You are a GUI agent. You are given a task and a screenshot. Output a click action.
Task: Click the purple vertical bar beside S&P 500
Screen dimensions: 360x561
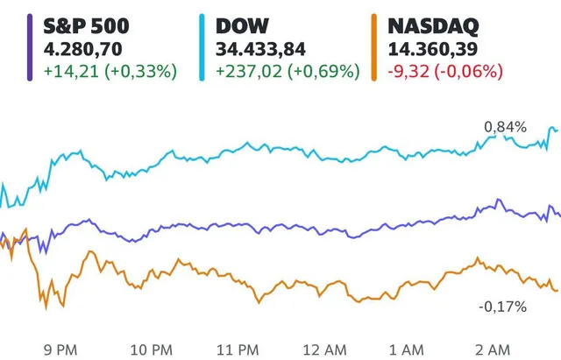pos(32,49)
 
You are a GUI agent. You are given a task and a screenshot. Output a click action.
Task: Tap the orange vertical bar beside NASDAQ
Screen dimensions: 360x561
pos(376,49)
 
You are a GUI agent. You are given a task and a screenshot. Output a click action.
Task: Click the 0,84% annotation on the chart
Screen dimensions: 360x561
pos(505,128)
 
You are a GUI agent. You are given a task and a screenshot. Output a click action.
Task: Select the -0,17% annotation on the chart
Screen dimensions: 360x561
pos(502,307)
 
